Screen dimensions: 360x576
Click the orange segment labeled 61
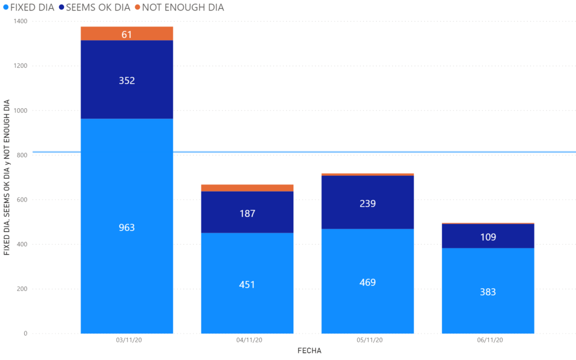(x=127, y=34)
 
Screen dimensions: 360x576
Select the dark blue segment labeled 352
(x=127, y=80)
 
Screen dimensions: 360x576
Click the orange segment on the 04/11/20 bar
(x=247, y=188)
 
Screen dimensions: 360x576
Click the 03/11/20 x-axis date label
(x=127, y=341)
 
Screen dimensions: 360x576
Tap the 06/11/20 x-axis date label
(x=488, y=341)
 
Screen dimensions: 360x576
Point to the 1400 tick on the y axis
(x=20, y=21)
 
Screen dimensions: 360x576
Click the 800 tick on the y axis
(x=22, y=155)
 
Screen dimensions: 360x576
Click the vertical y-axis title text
(x=7, y=177)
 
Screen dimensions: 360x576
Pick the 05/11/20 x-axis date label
(x=367, y=341)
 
